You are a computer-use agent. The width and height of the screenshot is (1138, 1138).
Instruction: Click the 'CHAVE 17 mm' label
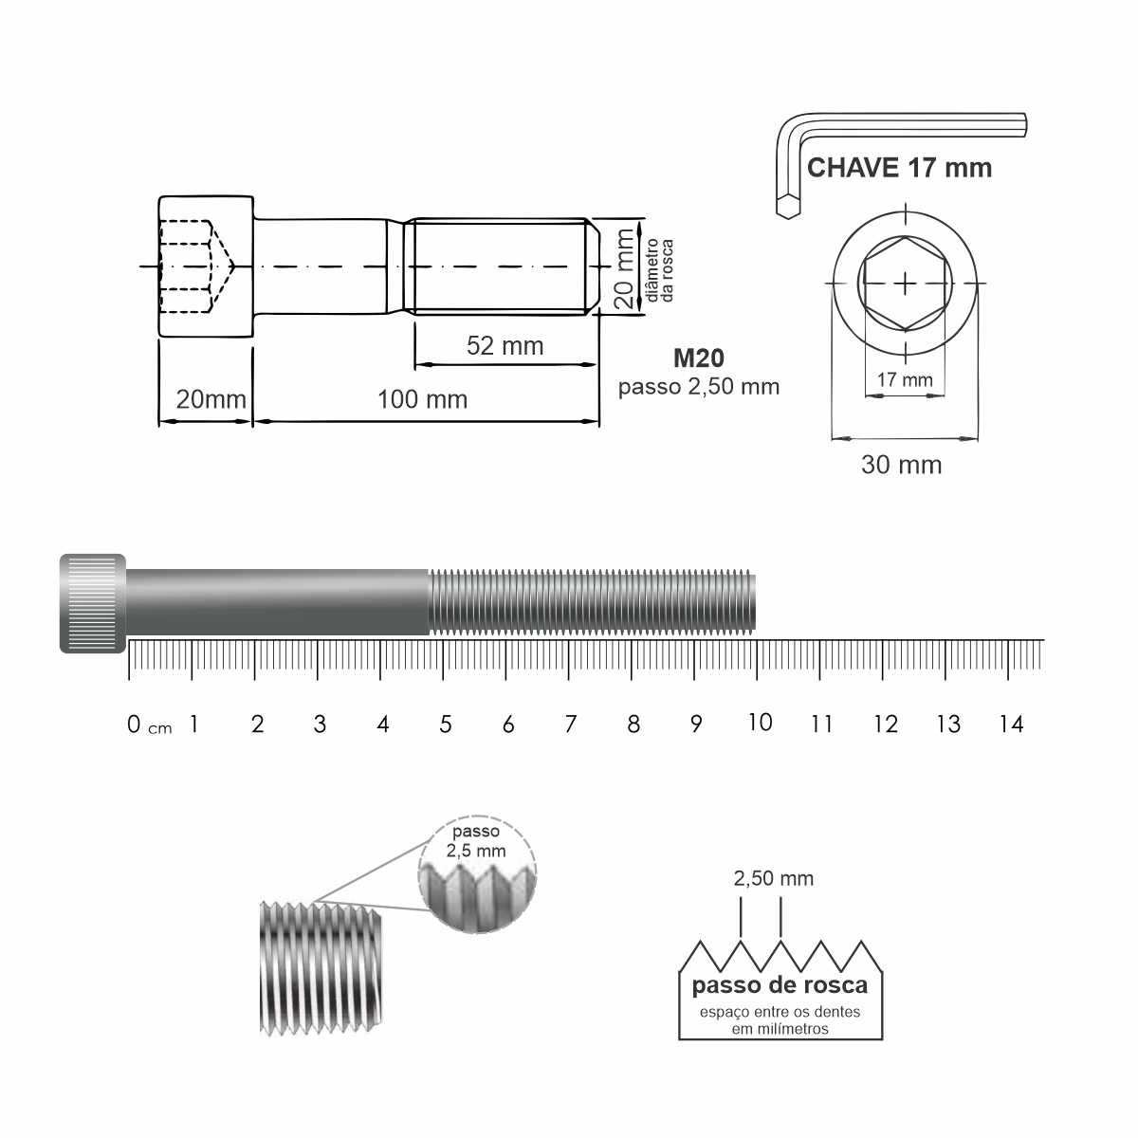tap(899, 168)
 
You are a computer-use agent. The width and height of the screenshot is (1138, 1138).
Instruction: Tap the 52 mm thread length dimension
tap(505, 345)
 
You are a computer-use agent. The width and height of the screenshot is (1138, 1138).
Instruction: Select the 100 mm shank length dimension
tap(422, 399)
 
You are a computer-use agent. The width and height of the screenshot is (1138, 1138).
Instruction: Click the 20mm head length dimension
tap(211, 399)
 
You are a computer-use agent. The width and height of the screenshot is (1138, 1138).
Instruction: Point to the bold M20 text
tap(699, 358)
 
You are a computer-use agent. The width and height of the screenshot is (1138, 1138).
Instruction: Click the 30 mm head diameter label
tap(901, 465)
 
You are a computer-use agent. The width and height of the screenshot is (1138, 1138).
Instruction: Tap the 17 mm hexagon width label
tap(904, 379)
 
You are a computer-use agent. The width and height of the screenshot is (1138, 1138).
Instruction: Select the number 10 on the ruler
tap(760, 723)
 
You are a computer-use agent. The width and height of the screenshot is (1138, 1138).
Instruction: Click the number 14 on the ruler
tap(1011, 724)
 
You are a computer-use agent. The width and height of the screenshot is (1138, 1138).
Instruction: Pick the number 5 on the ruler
tap(446, 724)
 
